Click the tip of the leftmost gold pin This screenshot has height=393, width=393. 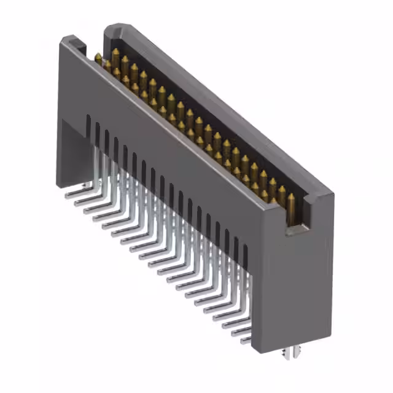click(98, 56)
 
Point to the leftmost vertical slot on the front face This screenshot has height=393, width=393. click(88, 126)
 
